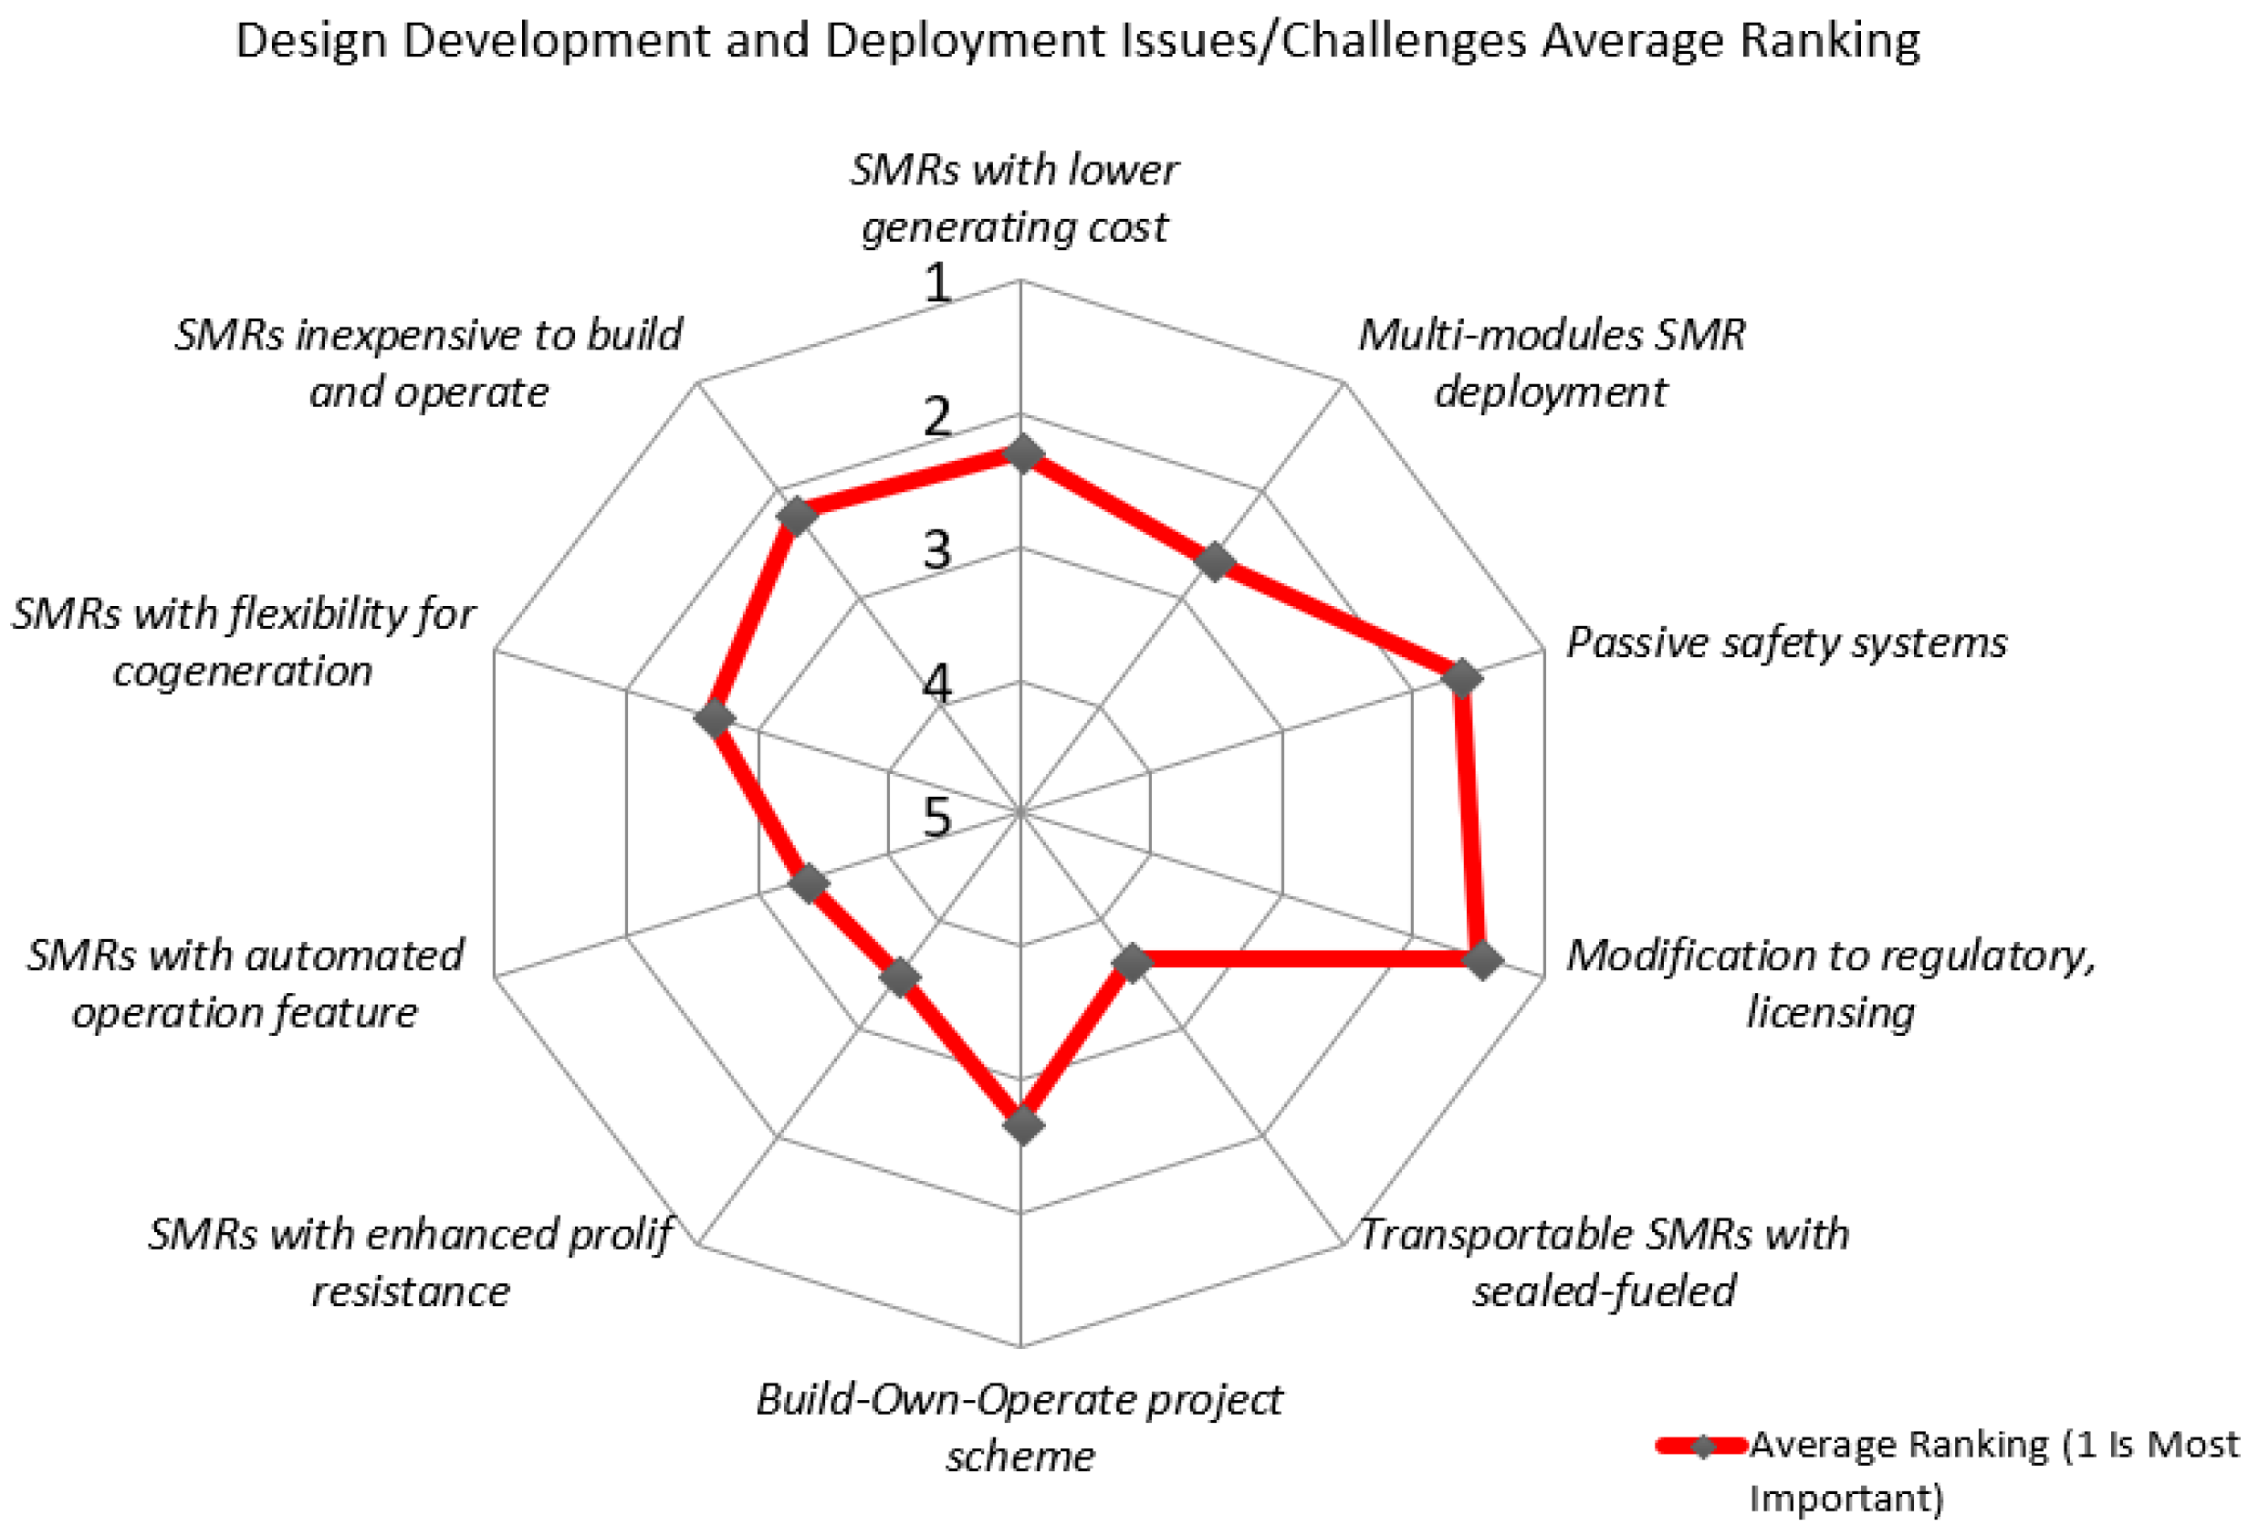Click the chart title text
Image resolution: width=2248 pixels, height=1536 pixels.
1077,41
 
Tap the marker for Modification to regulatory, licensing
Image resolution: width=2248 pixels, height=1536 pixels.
1483,959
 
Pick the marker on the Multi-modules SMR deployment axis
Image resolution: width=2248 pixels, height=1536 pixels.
1214,561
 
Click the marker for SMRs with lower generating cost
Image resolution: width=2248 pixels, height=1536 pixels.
1021,454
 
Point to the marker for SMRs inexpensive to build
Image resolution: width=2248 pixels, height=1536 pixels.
796,517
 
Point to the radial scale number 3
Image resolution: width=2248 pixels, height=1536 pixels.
936,549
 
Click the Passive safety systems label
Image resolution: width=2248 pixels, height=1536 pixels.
1785,643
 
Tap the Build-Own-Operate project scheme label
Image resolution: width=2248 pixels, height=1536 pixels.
1019,1426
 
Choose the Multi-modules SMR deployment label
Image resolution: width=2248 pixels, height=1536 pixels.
1551,362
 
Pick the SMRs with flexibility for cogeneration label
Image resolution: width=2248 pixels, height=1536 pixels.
243,643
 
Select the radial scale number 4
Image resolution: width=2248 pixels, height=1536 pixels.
936,683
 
